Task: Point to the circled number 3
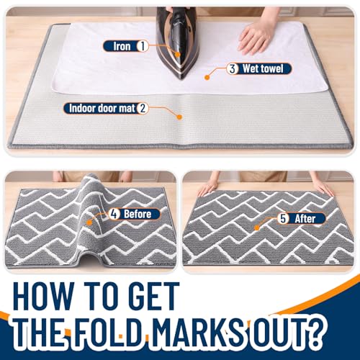[x=233, y=69]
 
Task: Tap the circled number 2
[x=143, y=109]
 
